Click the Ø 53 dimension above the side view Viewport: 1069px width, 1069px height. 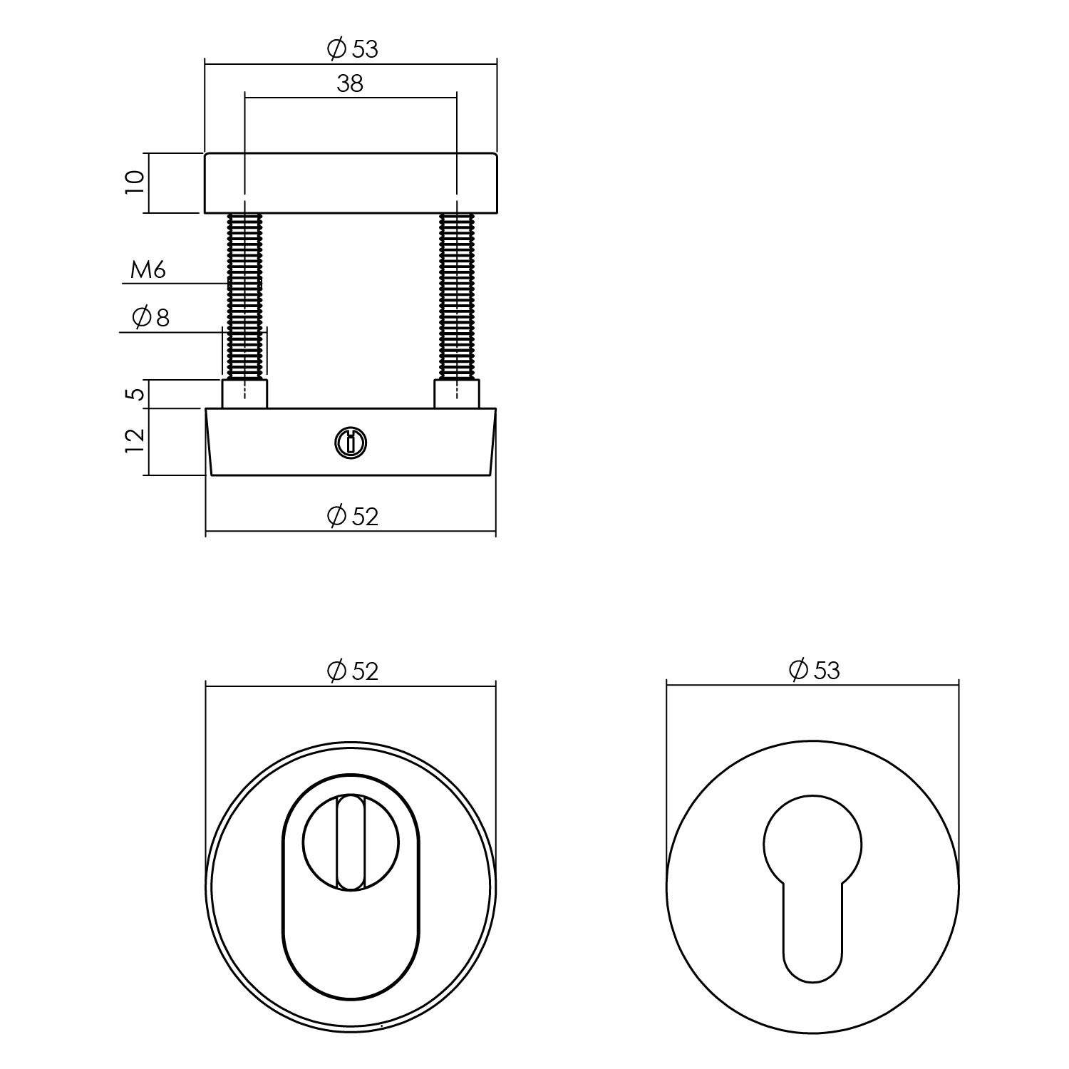pos(352,49)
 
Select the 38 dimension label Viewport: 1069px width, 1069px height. pos(350,83)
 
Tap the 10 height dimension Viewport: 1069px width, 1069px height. pos(135,183)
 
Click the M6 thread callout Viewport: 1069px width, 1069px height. pos(148,270)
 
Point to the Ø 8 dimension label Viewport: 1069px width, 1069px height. pos(152,317)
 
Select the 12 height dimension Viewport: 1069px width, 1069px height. pos(135,441)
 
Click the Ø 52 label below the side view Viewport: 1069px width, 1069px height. pos(352,515)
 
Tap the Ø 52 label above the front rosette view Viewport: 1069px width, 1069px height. pos(352,671)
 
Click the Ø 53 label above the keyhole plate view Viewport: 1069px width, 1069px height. pos(814,670)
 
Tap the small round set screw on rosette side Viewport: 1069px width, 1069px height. pos(350,443)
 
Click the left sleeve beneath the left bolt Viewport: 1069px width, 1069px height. pos(244,394)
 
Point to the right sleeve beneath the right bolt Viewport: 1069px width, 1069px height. pos(457,394)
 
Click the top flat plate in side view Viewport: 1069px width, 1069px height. pos(350,183)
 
